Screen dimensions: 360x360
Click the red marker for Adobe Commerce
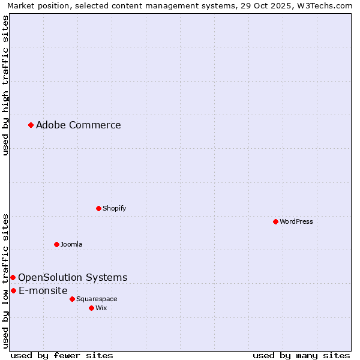31,125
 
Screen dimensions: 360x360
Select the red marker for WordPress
275,221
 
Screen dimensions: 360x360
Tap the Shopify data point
98,208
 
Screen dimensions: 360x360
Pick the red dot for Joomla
56,244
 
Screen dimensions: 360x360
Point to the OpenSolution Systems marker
13,277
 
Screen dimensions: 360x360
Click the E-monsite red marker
13,290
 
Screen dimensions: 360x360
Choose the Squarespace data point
72,299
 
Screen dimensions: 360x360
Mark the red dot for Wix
91,308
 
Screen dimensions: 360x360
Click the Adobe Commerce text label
79,125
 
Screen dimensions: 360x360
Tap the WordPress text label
296,221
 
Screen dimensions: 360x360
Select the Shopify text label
115,208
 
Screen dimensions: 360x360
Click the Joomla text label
71,244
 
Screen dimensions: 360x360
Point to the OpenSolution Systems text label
73,277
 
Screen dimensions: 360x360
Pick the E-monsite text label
43,290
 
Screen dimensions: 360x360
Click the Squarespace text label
97,299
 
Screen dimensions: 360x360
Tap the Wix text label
101,308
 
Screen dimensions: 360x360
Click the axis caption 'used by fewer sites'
62,355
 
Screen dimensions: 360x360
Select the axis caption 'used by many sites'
301,355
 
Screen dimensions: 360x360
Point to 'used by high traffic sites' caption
5,85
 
